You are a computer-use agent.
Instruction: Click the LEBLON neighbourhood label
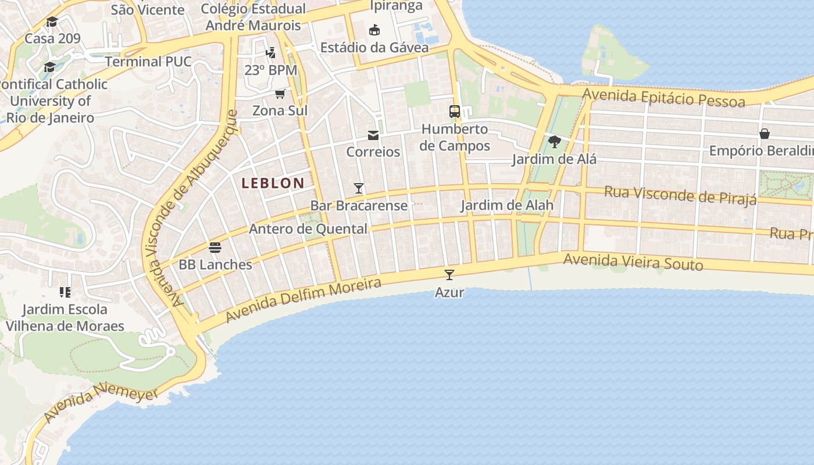(x=273, y=183)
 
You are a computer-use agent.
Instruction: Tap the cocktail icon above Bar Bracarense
(x=359, y=188)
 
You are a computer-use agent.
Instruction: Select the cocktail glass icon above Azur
(x=449, y=275)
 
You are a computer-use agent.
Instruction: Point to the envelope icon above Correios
(x=373, y=135)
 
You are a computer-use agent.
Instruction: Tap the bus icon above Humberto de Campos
(x=455, y=112)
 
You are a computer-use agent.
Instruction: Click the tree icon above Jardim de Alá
(x=554, y=142)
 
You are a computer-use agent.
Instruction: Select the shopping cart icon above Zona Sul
(x=280, y=94)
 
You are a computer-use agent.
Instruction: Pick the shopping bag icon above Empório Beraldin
(x=765, y=134)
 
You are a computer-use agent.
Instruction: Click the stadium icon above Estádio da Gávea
(x=374, y=30)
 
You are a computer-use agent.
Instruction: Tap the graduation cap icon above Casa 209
(x=52, y=22)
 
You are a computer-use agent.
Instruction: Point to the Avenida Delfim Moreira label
(x=304, y=300)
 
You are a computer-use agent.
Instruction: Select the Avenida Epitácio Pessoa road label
(x=663, y=98)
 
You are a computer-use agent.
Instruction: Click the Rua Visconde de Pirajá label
(x=680, y=195)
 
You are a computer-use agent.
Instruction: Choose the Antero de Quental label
(x=308, y=229)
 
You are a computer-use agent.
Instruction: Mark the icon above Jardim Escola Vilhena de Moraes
(x=65, y=292)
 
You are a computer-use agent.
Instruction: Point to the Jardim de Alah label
(x=507, y=205)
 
